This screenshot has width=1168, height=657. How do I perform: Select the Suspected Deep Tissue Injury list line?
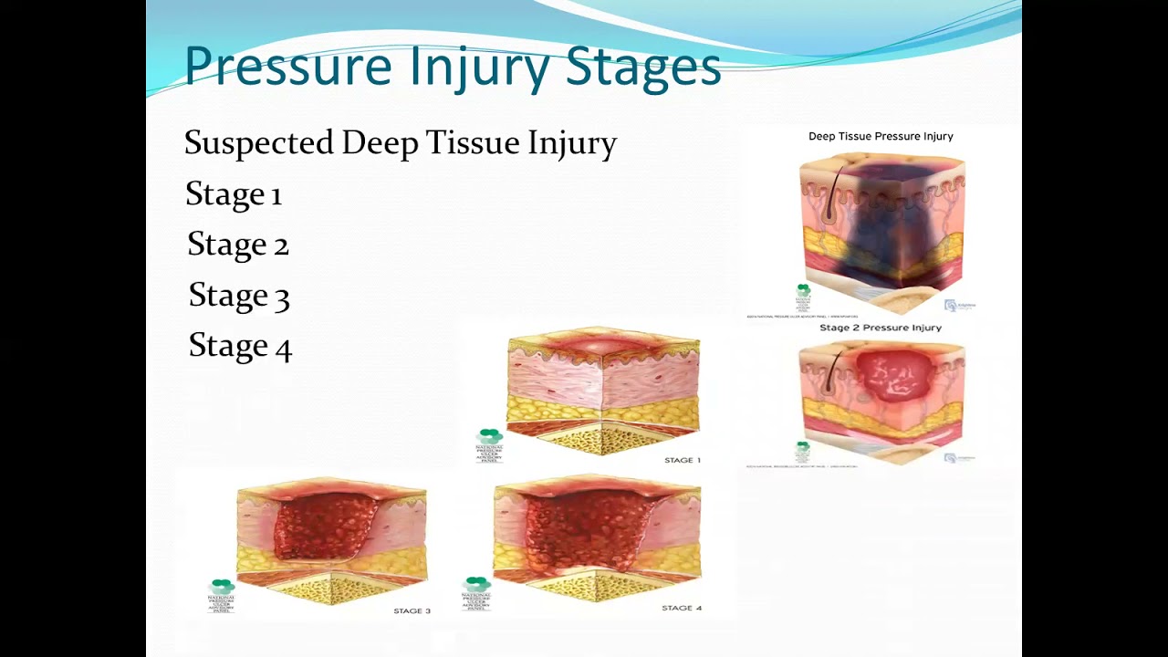pyautogui.click(x=401, y=143)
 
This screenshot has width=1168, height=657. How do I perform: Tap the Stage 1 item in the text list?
pyautogui.click(x=234, y=194)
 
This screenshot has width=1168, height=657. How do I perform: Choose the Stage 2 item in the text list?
pyautogui.click(x=238, y=245)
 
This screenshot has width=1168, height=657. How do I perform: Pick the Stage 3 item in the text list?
pyautogui.click(x=239, y=296)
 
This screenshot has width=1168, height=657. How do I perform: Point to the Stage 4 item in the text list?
pyautogui.click(x=240, y=346)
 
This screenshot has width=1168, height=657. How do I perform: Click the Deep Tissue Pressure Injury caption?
pyautogui.click(x=881, y=136)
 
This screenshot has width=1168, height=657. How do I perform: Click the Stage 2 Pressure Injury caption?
pyautogui.click(x=881, y=328)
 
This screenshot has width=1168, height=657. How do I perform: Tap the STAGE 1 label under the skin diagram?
pyautogui.click(x=683, y=460)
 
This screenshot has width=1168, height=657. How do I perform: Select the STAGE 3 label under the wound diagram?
pyautogui.click(x=412, y=610)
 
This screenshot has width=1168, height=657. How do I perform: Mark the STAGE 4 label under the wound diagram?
pyautogui.click(x=683, y=608)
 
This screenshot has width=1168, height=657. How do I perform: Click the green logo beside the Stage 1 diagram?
pyautogui.click(x=489, y=437)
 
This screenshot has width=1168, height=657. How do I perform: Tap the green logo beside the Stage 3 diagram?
pyautogui.click(x=222, y=586)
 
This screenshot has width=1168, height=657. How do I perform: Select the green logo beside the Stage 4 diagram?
pyautogui.click(x=476, y=585)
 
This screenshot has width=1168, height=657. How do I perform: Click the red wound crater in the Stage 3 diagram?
pyautogui.click(x=324, y=527)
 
